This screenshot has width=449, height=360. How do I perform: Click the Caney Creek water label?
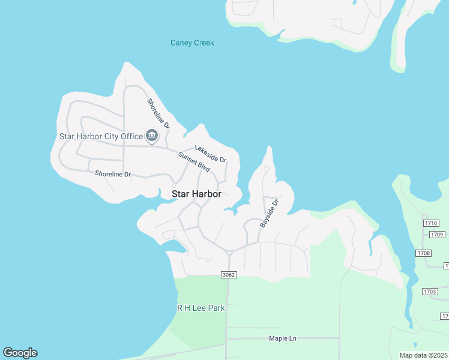pos(192,43)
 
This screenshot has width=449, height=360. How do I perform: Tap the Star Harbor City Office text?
pos(101,136)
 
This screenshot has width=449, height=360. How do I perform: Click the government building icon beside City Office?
pos(151,136)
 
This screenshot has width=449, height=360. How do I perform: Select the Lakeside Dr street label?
pos(210,154)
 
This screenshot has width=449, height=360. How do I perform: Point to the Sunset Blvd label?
pos(194,162)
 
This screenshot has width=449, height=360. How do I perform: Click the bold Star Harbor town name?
pos(196,194)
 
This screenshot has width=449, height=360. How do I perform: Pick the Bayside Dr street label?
pos(270,213)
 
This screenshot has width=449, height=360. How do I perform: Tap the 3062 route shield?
pos(229,275)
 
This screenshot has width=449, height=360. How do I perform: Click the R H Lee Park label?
pos(200,308)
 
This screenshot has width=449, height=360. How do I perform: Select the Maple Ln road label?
pos(282,338)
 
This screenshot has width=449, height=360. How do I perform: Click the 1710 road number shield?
pos(432,223)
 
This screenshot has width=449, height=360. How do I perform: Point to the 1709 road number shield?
pos(437,234)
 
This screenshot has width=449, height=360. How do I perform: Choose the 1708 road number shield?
pos(423,253)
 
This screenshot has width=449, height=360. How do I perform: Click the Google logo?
pos(20,353)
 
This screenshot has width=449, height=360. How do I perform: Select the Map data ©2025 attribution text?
pos(423,355)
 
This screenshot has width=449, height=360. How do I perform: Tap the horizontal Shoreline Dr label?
pos(113,174)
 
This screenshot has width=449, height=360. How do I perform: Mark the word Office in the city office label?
pos(132,136)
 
